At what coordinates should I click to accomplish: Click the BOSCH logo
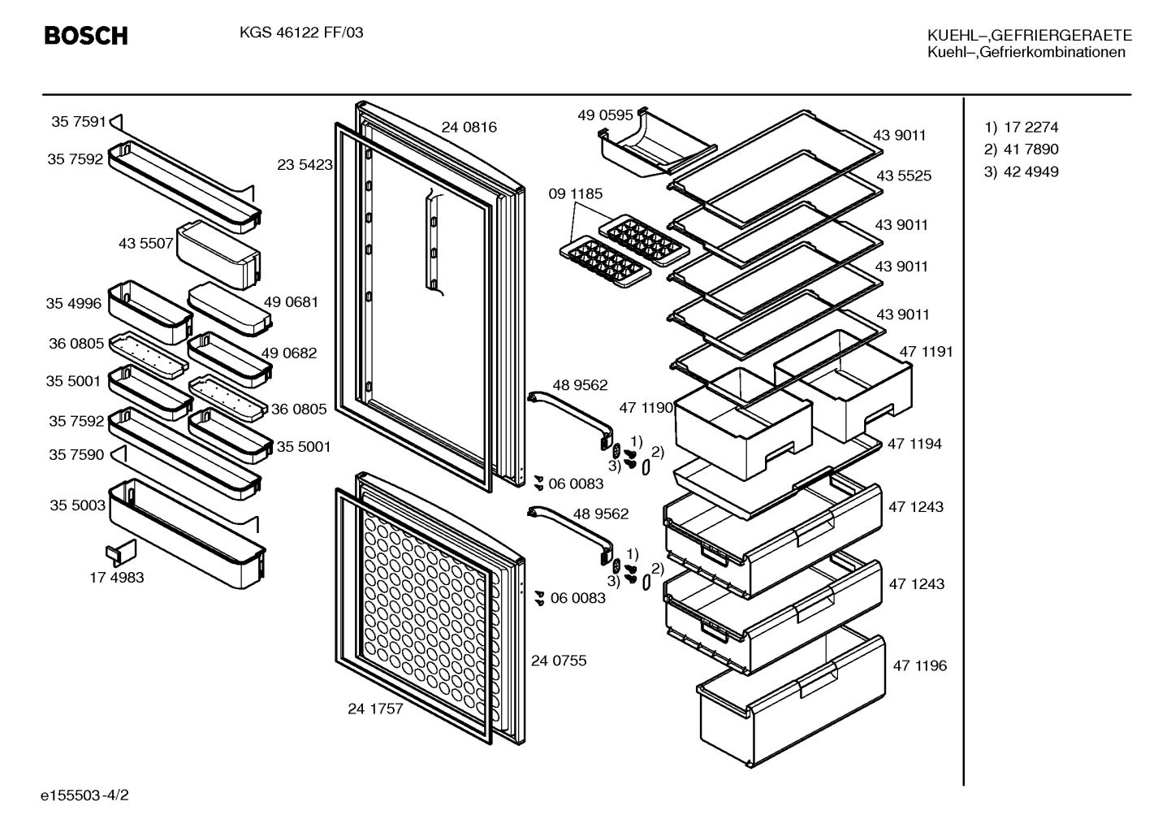(86, 36)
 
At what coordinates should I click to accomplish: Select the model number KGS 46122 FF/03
(301, 33)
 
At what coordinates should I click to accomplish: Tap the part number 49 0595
(605, 115)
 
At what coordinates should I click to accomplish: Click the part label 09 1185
(575, 193)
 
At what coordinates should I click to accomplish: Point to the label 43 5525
(904, 176)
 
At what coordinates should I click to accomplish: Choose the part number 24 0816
(469, 127)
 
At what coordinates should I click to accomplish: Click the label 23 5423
(305, 165)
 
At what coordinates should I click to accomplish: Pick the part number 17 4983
(117, 578)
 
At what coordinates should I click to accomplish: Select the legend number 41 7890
(1031, 150)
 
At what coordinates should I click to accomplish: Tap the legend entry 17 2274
(1031, 127)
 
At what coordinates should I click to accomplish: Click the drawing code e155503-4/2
(84, 795)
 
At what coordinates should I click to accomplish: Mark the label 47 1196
(919, 665)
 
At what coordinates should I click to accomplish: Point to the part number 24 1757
(375, 709)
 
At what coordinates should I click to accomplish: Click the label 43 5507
(145, 243)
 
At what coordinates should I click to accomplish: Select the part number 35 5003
(77, 505)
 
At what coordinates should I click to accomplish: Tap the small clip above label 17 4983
(121, 553)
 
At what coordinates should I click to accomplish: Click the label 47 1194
(914, 444)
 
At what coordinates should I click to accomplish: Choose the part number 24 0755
(559, 661)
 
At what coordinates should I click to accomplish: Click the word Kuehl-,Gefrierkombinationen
(1026, 52)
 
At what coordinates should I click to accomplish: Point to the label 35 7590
(76, 454)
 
